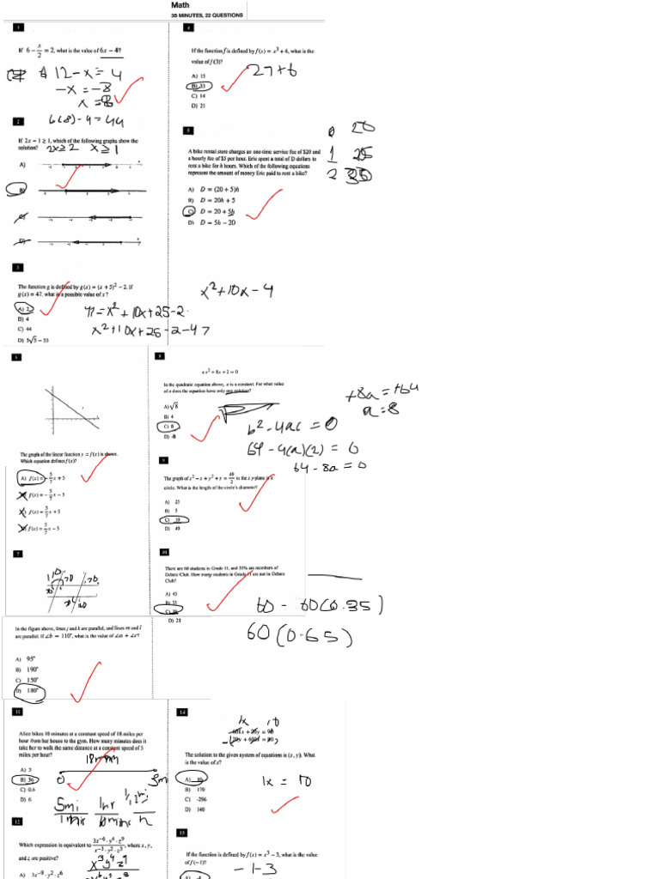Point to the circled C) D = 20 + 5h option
coord(212,210)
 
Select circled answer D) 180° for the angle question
coord(27,690)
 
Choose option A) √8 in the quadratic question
coord(169,406)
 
